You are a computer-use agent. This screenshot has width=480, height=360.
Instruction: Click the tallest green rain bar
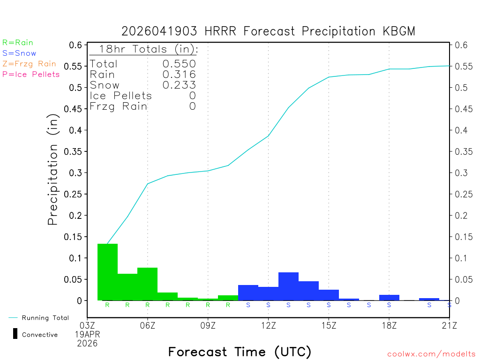107,272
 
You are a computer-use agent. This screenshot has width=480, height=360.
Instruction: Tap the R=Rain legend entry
18,43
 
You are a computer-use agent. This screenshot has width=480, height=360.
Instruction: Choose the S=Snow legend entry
19,53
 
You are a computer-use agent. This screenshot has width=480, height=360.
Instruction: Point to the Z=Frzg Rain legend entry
29,64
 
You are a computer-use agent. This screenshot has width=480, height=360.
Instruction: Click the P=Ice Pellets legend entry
31,74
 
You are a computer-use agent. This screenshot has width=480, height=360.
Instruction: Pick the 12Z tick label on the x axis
268,325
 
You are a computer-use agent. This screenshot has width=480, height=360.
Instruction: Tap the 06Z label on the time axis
148,325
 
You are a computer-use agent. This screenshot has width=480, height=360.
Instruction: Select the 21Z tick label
449,325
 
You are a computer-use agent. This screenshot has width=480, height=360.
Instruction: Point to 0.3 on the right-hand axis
459,173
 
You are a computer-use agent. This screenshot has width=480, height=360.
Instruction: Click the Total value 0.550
179,64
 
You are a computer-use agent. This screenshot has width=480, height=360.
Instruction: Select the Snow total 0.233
179,85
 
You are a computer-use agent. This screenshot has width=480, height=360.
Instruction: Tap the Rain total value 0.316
179,75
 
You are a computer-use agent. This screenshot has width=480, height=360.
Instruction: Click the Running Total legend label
45,318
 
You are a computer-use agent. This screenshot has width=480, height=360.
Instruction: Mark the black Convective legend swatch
15,334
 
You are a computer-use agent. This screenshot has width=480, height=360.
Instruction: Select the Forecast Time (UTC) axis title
240,352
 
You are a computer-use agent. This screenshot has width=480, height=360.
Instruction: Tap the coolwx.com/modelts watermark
431,354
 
